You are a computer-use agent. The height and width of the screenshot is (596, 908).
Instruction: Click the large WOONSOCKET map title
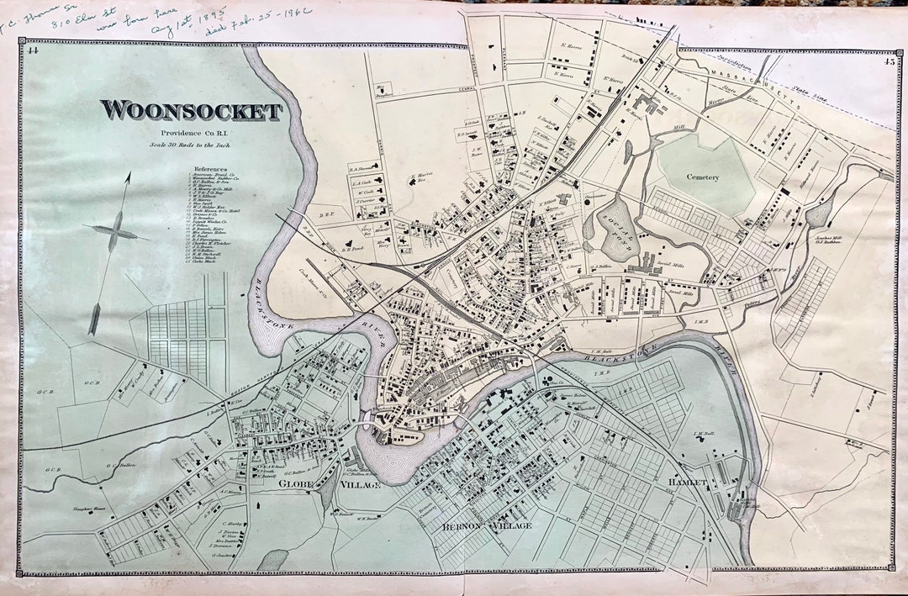191,111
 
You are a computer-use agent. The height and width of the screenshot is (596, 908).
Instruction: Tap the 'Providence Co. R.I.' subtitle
191,134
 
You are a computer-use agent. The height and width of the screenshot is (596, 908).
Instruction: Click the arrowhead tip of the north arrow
129,174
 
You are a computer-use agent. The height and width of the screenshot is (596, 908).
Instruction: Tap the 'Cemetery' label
703,177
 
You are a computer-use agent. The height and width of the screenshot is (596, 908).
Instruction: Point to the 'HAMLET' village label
689,482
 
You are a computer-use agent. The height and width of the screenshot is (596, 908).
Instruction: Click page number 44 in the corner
34,50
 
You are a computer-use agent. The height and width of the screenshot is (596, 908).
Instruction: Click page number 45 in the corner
889,59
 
